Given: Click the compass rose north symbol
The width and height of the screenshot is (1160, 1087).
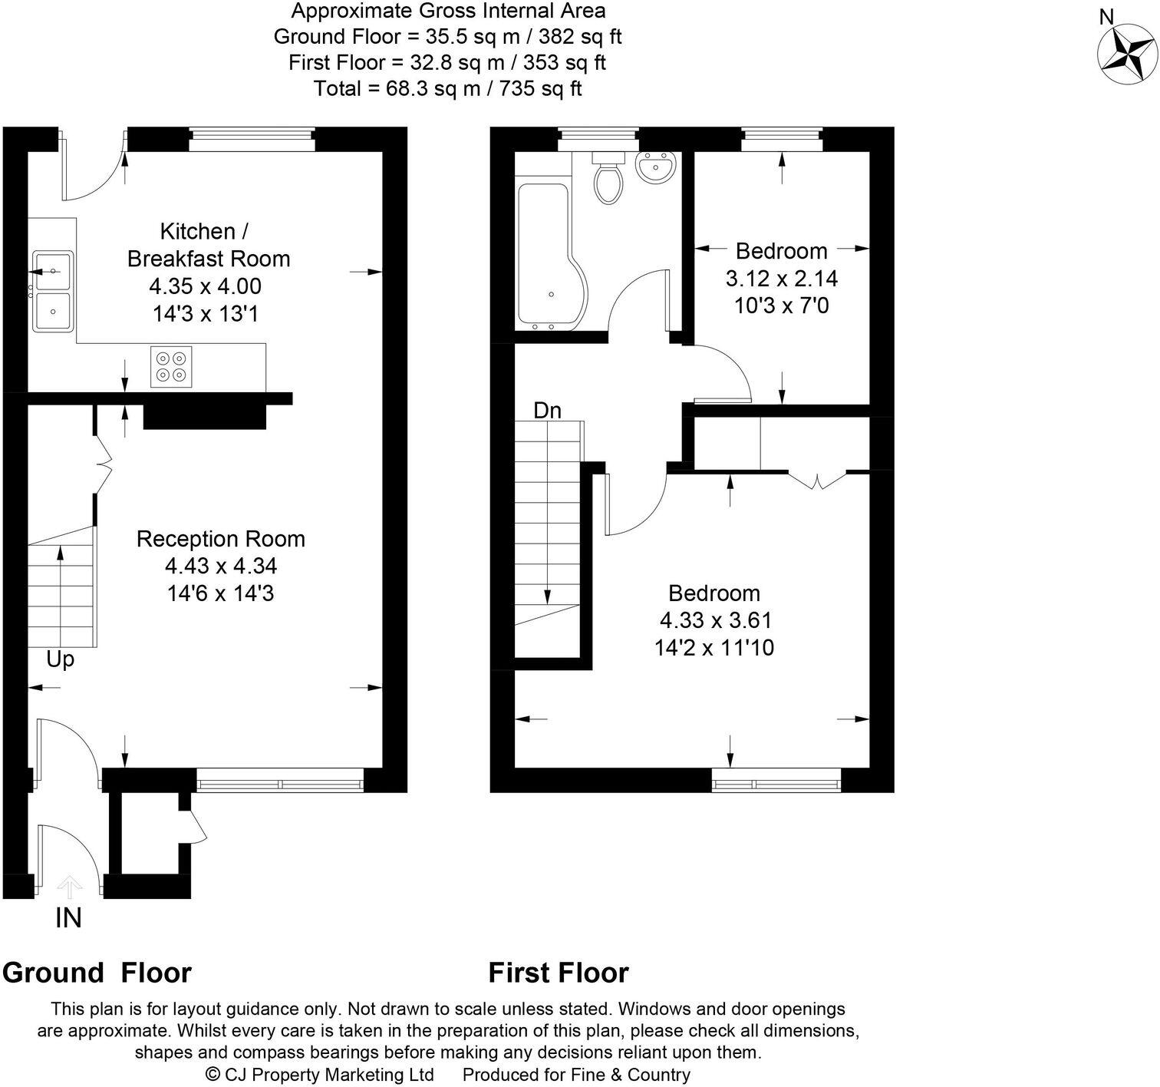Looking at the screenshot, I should [x=1127, y=53].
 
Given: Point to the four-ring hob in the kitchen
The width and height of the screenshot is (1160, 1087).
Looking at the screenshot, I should [x=171, y=366].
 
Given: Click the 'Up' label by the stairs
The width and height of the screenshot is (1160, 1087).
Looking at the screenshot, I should [x=60, y=659].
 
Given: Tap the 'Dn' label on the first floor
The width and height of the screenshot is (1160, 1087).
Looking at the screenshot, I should [x=547, y=411].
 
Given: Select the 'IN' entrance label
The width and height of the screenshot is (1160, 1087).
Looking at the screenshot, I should [x=68, y=917].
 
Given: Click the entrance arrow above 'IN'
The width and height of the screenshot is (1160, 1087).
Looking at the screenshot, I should [x=70, y=887].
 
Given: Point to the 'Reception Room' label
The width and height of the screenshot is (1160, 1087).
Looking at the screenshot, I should [x=220, y=539].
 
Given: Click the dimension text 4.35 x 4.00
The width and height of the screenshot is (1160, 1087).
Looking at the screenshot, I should [x=205, y=286].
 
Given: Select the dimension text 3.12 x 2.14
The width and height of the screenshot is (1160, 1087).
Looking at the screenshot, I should [x=781, y=278].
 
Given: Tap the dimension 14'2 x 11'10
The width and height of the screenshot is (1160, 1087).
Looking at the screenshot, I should [x=713, y=648].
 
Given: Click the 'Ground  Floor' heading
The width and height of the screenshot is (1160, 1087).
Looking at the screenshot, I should [x=97, y=973].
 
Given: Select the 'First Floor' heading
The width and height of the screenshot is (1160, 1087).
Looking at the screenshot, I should [x=559, y=973].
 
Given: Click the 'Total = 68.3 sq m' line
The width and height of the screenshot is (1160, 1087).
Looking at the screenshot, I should [x=447, y=88].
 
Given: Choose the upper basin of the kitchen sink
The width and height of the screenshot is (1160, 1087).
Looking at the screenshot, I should [x=52, y=271].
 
